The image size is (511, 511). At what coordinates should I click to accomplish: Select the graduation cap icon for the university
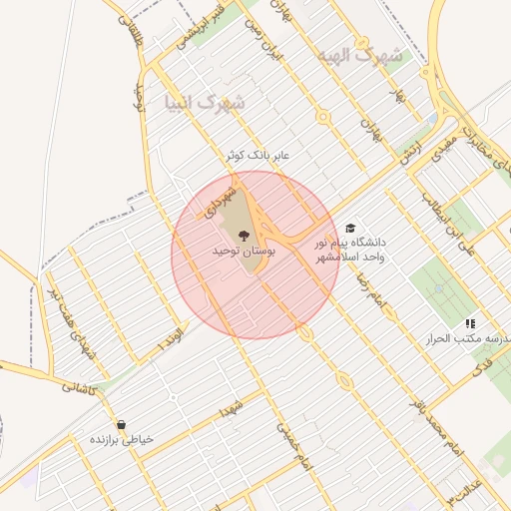[349, 229]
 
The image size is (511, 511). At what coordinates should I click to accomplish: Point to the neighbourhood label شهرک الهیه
[360, 56]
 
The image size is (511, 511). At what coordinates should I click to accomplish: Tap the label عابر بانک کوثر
[256, 155]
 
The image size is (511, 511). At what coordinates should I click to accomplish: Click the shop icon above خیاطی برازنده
[121, 424]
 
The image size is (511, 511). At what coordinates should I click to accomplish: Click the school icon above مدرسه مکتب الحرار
[469, 323]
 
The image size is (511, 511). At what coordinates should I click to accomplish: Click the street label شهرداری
[219, 199]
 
